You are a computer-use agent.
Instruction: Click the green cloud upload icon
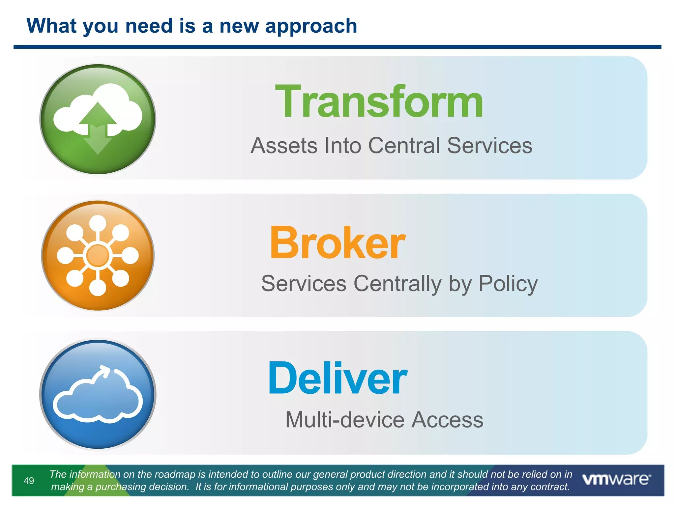(x=98, y=119)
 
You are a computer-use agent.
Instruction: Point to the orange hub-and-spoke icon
(x=98, y=255)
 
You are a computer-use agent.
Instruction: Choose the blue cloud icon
(x=98, y=394)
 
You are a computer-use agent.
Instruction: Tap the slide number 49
(x=29, y=481)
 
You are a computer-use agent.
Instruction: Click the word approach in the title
(x=311, y=26)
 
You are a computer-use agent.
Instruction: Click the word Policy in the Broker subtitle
(x=508, y=284)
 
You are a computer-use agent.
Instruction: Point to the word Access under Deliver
(x=447, y=420)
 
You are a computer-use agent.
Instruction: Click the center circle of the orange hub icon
(x=98, y=255)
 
